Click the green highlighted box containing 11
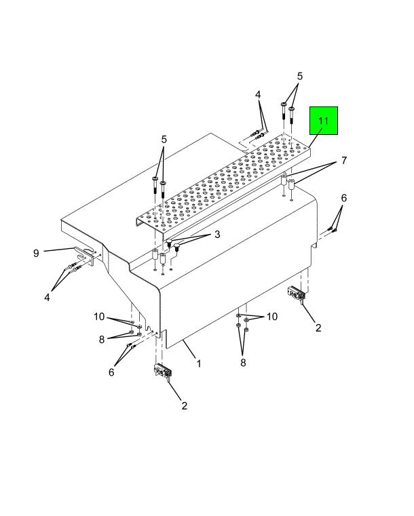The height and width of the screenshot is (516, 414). tap(324, 121)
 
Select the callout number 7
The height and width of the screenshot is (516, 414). tap(344, 161)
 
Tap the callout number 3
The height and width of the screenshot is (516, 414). tap(217, 235)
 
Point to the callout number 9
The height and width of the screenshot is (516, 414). tap(36, 253)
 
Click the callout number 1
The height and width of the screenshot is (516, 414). tap(199, 363)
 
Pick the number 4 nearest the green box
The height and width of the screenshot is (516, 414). tap(258, 95)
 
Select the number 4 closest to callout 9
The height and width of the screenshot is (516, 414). tap(47, 298)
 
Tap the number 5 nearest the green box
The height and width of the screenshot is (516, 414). tap(300, 77)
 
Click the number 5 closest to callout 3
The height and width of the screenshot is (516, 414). tap(164, 140)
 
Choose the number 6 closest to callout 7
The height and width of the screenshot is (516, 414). tap(344, 198)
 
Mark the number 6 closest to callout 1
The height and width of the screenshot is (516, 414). tap(111, 372)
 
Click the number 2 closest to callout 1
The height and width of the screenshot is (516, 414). tap(185, 405)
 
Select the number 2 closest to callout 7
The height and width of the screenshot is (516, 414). tap(318, 328)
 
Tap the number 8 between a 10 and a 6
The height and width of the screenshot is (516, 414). tap(102, 339)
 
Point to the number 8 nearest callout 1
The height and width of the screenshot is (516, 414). tap(243, 363)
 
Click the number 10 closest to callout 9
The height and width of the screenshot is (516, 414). tap(99, 317)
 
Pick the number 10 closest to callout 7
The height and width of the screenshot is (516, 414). tap(272, 317)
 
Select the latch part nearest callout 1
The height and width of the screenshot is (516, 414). tap(164, 371)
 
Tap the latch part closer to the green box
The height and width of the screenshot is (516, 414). tap(297, 293)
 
